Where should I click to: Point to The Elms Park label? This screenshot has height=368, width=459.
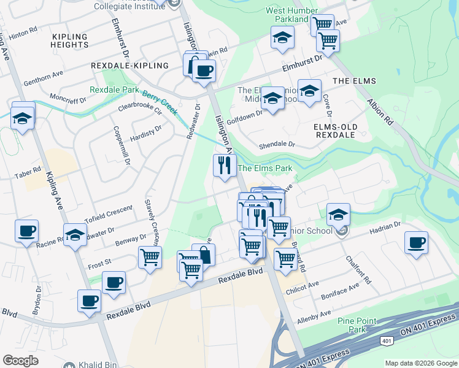tap(264, 168)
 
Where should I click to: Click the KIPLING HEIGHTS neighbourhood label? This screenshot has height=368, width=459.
tap(70, 40)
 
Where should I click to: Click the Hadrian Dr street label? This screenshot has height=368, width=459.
tap(384, 228)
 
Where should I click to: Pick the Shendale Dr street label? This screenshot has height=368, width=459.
tap(277, 145)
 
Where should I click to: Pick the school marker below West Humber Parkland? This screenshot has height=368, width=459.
tap(282, 39)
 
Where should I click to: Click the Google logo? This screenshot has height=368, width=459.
tap(21, 361)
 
